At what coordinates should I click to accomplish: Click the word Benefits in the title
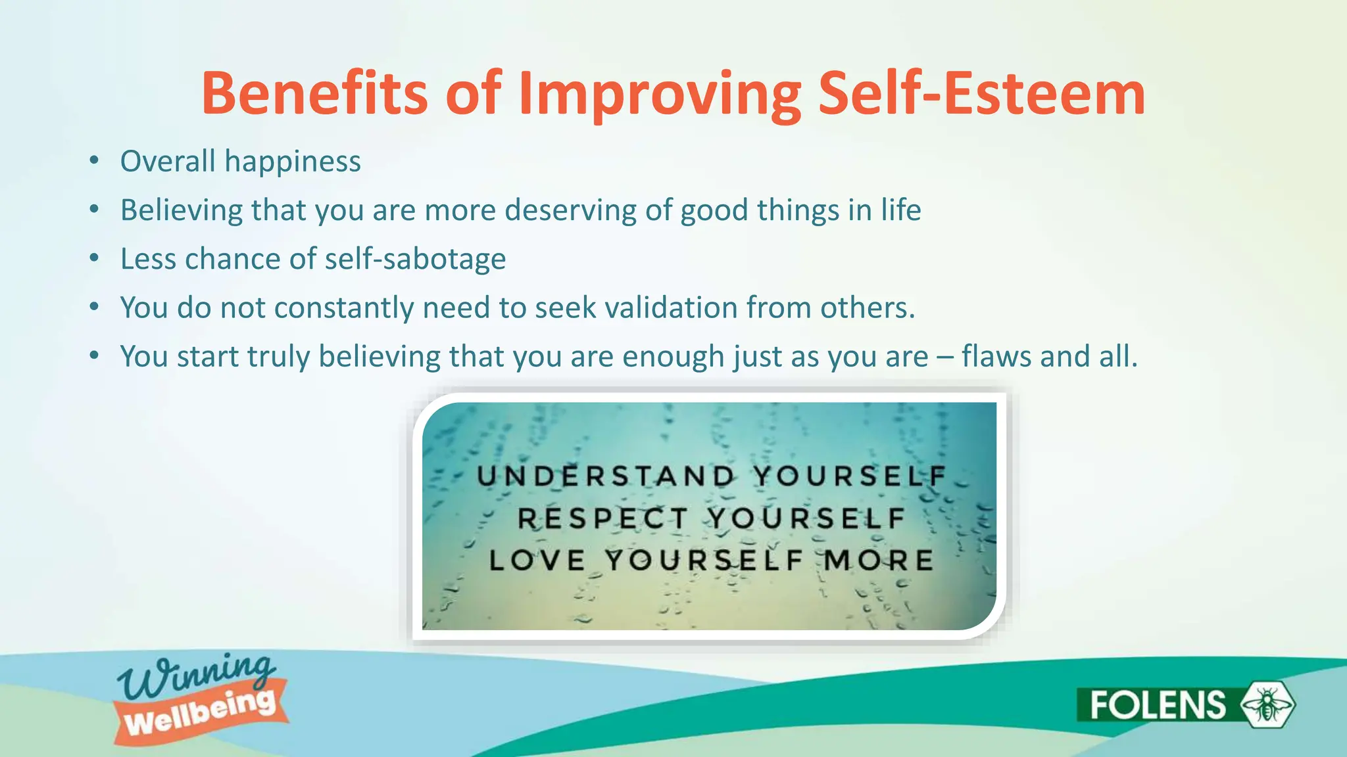coord(314,93)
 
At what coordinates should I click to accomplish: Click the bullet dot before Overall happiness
coord(95,161)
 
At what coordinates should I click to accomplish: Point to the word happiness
coord(293,162)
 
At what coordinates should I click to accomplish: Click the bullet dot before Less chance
coord(95,258)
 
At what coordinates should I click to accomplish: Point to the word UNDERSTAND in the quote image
coord(606,476)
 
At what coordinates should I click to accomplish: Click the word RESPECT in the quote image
coord(602,518)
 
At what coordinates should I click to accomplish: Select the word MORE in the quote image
coord(878,561)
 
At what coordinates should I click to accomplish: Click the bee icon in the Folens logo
coord(1267,704)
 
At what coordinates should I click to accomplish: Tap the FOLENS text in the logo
coord(1158,705)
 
